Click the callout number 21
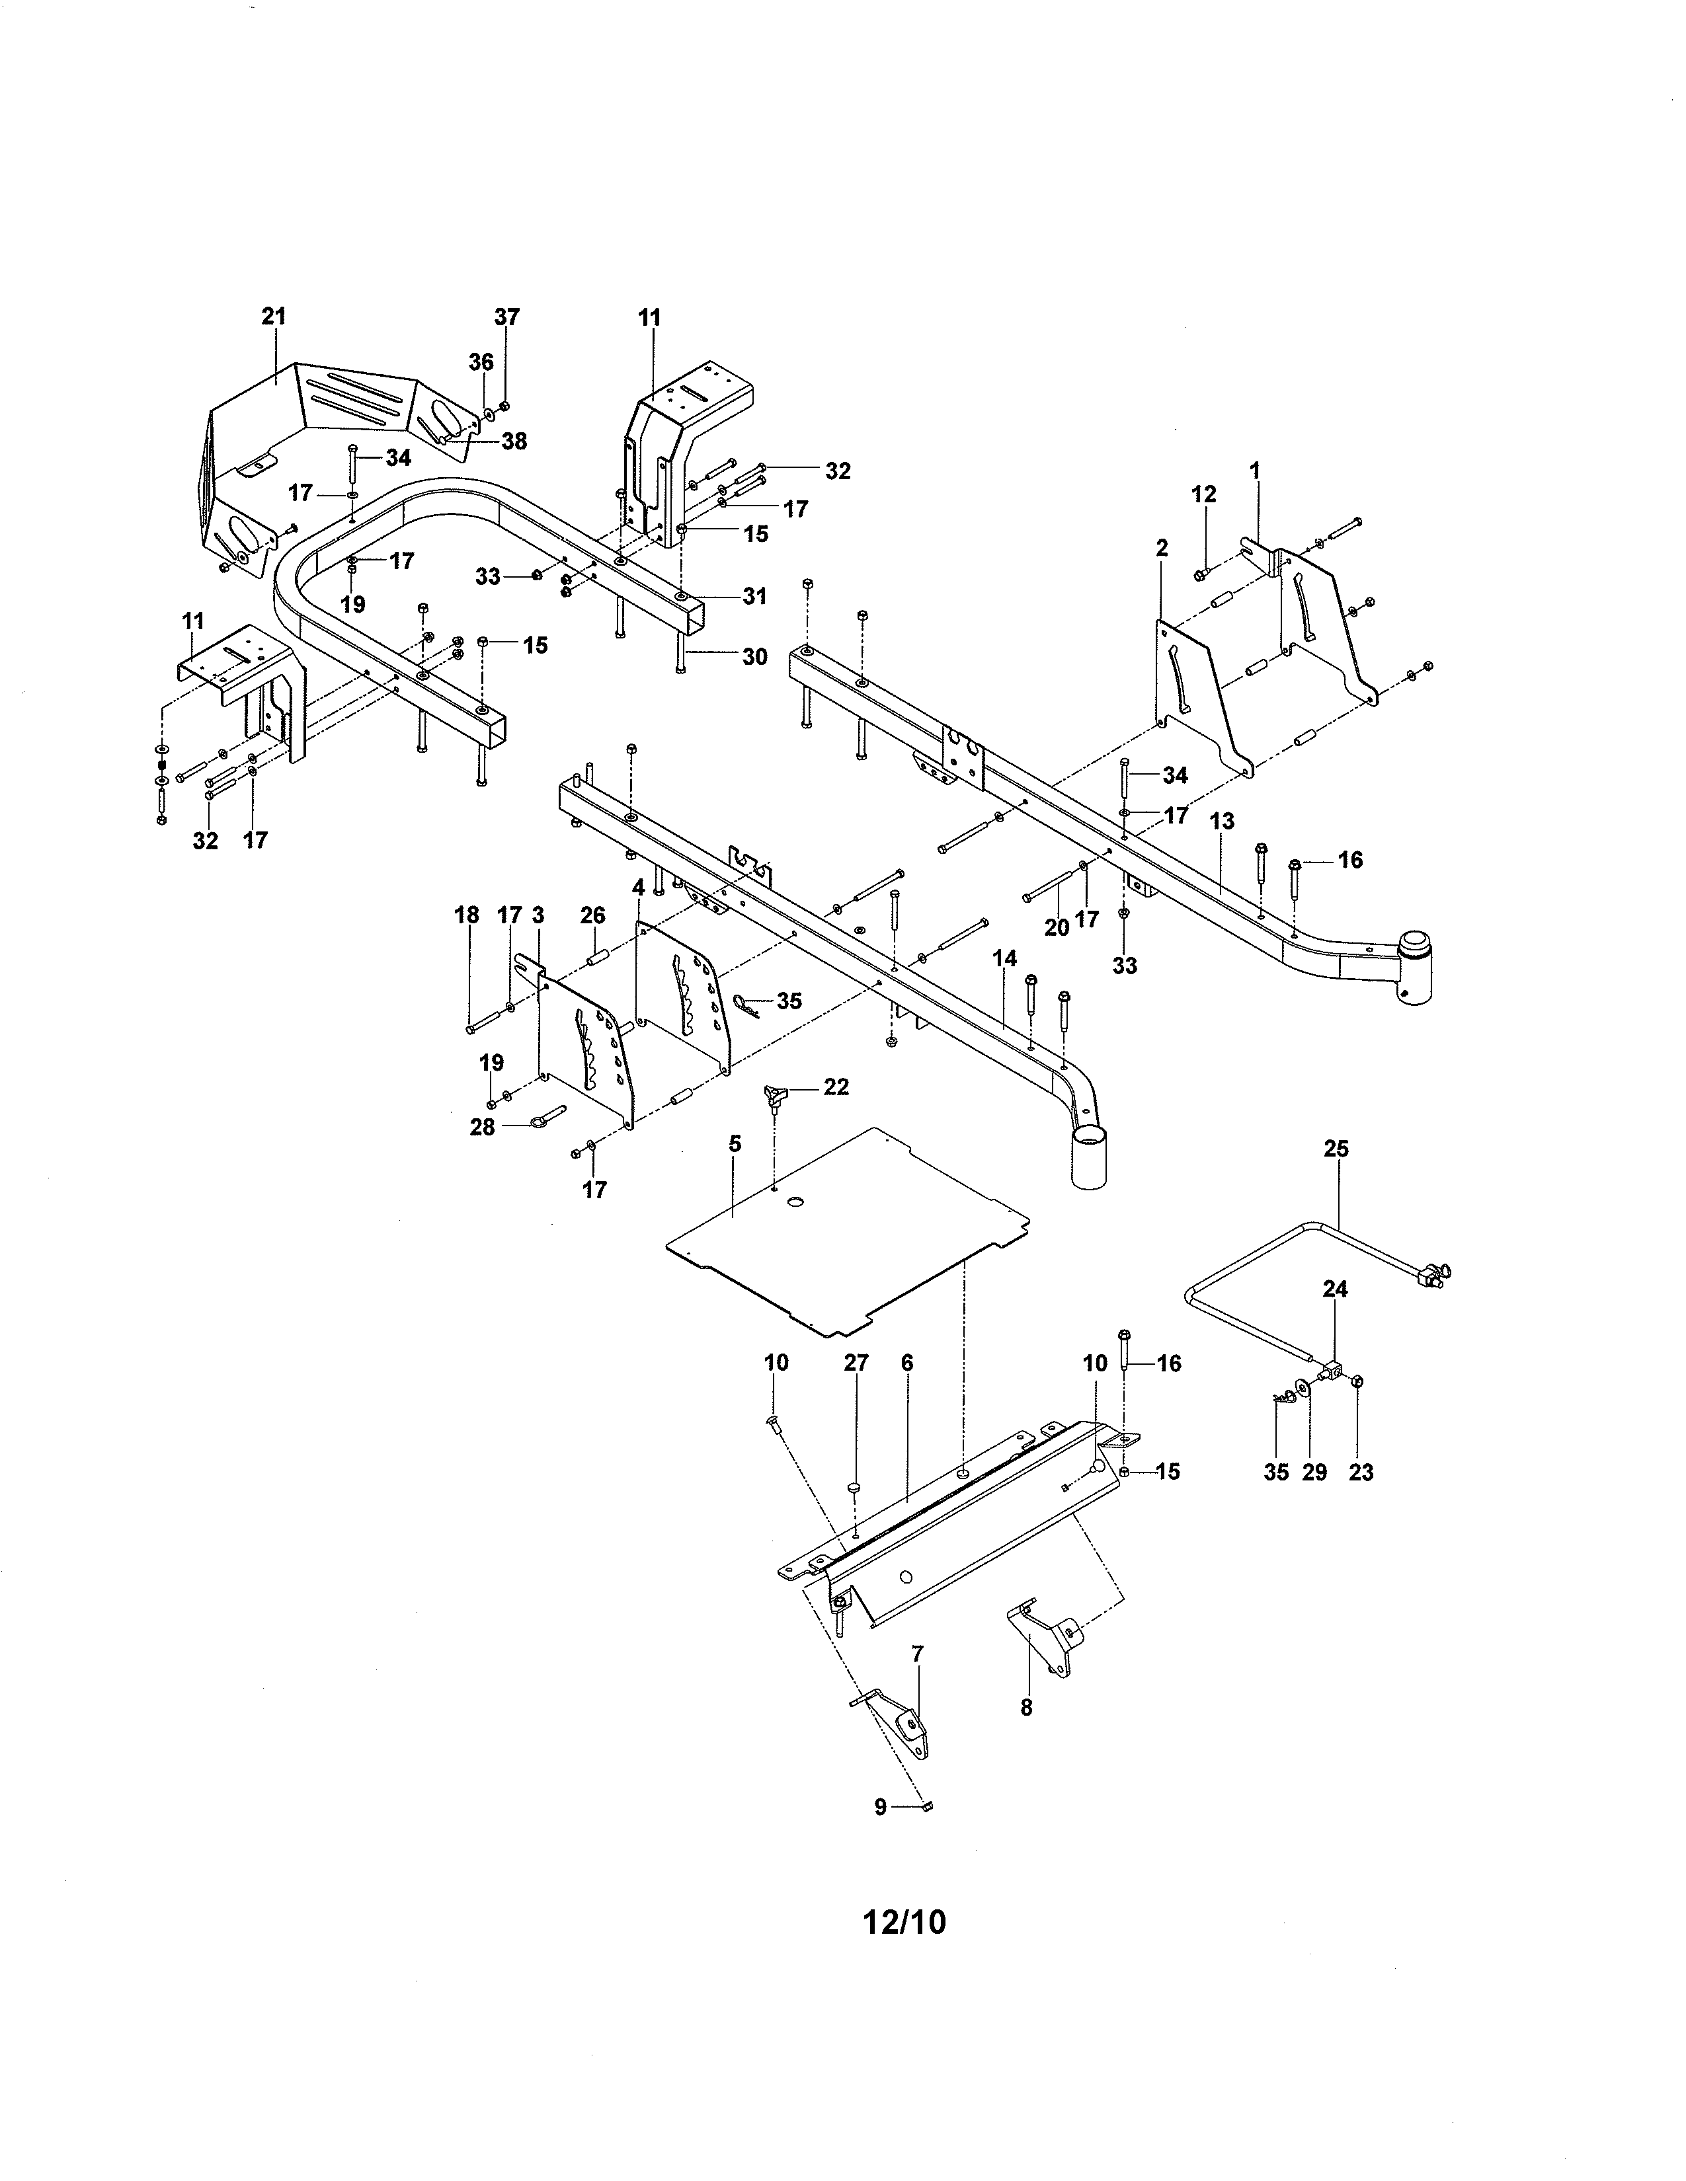click(x=274, y=317)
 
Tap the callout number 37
click(x=506, y=317)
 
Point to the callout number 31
click(x=754, y=596)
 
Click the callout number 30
click(x=754, y=657)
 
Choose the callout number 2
click(x=1162, y=547)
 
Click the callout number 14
click(x=1005, y=959)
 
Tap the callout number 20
click(x=1056, y=928)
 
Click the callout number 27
click(x=856, y=1363)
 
